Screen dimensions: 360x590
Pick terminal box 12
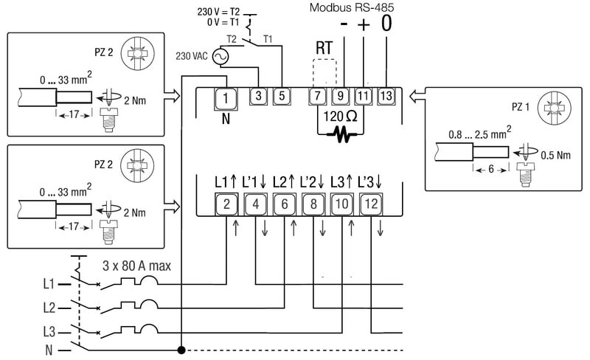click(370, 203)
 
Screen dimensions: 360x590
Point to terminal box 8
click(313, 203)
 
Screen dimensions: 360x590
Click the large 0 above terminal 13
click(387, 24)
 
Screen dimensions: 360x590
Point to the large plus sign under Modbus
click(364, 24)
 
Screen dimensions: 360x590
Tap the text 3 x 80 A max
click(135, 264)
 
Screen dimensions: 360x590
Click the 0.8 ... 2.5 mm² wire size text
click(485, 136)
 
